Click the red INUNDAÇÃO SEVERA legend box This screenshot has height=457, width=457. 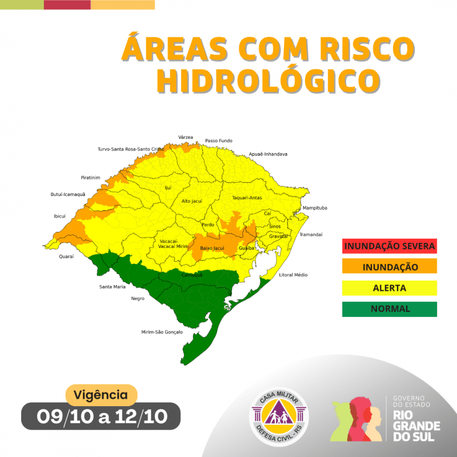pos(390,246)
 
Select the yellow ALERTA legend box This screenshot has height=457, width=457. pos(390,288)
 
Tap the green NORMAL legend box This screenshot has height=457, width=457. pos(390,308)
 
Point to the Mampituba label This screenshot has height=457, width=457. pos(315,208)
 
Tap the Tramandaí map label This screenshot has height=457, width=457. pos(311,235)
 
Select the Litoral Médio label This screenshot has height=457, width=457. pos(293,275)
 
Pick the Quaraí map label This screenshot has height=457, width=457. pos(67,257)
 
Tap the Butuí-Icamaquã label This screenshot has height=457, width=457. pos(68,195)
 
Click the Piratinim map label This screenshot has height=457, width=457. pos(90,178)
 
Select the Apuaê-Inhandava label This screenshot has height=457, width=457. pos(268,154)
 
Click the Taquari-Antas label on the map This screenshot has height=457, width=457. pos(246,198)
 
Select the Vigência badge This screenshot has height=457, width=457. pos(101,394)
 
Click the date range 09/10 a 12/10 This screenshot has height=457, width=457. pos(101,416)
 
